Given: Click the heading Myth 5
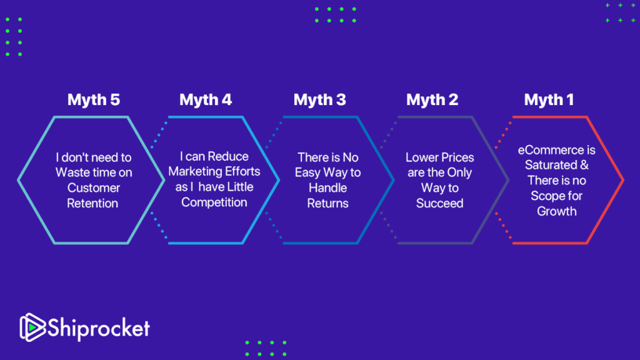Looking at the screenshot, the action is click(94, 99).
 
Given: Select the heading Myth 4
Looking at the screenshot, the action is click(205, 99).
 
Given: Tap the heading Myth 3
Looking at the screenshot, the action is click(319, 99).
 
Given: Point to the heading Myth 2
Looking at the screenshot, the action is click(432, 99).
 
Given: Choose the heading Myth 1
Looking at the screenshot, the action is click(549, 99).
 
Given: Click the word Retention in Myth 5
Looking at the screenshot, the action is click(92, 203).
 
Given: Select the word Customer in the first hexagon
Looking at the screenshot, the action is click(94, 187).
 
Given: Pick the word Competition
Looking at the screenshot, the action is click(214, 202).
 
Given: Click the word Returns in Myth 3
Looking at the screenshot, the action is click(327, 203).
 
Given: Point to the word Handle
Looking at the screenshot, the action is click(327, 187).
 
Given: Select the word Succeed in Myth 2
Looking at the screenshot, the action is click(439, 203).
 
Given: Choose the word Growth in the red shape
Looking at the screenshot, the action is click(557, 211).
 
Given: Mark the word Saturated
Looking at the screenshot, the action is click(551, 165).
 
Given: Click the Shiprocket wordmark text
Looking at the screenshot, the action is click(99, 328).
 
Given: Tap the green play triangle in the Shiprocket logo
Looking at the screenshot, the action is click(32, 327).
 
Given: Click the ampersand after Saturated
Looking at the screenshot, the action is click(584, 165).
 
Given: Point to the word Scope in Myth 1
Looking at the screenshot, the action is click(546, 196).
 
